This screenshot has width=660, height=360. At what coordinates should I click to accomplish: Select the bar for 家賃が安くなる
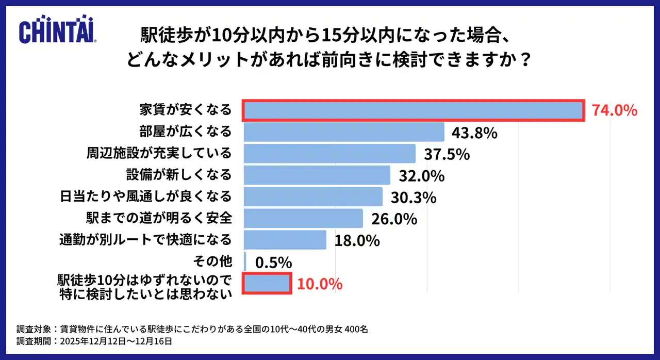(413, 110)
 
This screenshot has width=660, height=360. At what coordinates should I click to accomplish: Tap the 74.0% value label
(615, 111)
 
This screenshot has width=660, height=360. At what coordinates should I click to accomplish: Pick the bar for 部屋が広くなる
(343, 132)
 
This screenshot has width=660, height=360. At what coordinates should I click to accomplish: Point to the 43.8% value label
(474, 133)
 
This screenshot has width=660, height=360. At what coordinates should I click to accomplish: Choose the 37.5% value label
(447, 154)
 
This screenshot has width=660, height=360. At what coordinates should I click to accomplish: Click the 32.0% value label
(421, 176)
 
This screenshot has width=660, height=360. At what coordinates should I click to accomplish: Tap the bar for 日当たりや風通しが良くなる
(312, 197)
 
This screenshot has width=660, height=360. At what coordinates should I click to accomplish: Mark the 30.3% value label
(414, 198)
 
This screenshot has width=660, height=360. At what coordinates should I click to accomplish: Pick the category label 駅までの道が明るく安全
(158, 218)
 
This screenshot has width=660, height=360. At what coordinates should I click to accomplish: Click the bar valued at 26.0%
(303, 218)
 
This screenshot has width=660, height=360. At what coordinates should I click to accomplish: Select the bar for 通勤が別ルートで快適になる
(285, 240)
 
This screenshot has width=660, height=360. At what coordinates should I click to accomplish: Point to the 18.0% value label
(357, 241)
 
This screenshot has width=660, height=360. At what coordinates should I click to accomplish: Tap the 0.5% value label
(274, 263)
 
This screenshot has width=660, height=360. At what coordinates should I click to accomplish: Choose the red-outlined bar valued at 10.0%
(267, 283)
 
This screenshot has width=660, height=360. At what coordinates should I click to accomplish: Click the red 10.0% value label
(320, 284)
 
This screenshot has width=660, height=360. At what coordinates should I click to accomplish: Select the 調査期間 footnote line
(94, 341)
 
